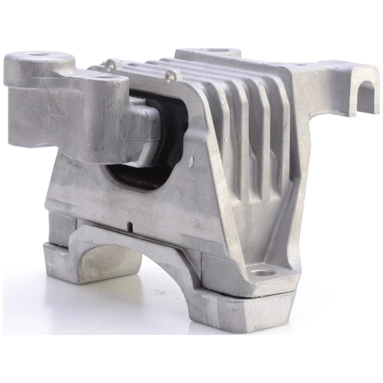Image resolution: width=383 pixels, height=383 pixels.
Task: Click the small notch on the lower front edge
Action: click(130, 226)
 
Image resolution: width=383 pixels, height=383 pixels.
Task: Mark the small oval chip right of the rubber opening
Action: click(192, 161)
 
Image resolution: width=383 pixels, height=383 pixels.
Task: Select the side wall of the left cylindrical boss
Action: click(32, 108)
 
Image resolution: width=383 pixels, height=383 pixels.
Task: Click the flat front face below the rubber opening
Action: click(132, 203)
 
